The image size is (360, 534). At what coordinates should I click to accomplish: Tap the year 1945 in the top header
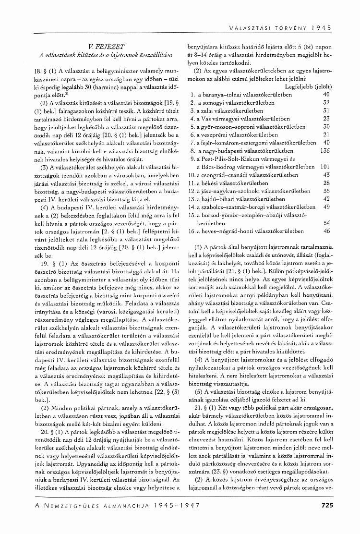pyautogui.click(x=322, y=27)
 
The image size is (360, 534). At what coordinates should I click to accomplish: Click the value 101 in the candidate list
pyautogui.click(x=324, y=166)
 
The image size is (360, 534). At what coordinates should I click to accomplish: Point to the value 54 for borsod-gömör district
pyautogui.click(x=326, y=223)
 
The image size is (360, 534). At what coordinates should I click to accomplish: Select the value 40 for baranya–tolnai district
pyautogui.click(x=326, y=94)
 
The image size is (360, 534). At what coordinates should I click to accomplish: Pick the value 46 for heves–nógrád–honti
pyautogui.click(x=326, y=231)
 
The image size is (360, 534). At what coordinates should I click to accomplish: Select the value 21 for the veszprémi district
pyautogui.click(x=326, y=134)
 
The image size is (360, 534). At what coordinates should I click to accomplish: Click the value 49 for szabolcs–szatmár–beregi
pyautogui.click(x=326, y=206)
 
